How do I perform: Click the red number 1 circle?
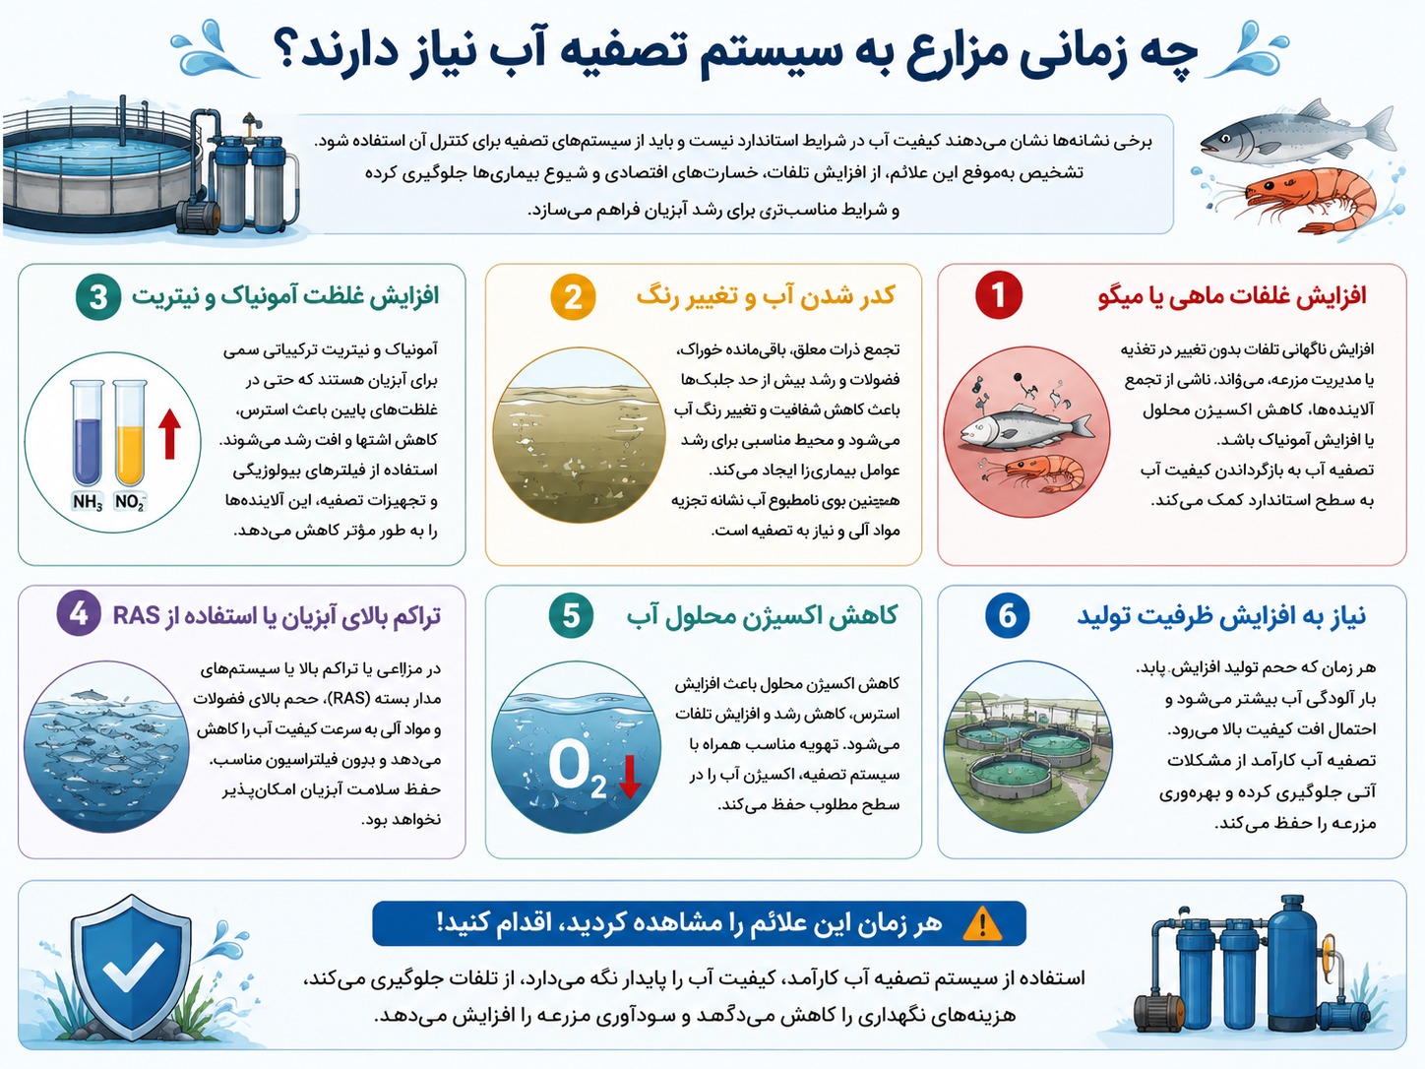coord(999,295)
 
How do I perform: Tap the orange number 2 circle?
coord(573,296)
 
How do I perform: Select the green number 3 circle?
coord(98,296)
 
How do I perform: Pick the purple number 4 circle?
coord(79,613)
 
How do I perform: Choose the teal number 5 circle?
coord(571,614)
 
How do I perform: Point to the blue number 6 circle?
coord(1007,614)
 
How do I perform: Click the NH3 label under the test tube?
coord(88,502)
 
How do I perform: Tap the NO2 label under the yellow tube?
coord(130,502)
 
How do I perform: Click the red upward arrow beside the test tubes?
coord(169,433)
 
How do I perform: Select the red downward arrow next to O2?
coord(629,777)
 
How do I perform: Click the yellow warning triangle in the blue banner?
coord(982,923)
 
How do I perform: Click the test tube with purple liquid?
coord(87,433)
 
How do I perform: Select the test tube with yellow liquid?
coord(130,433)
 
